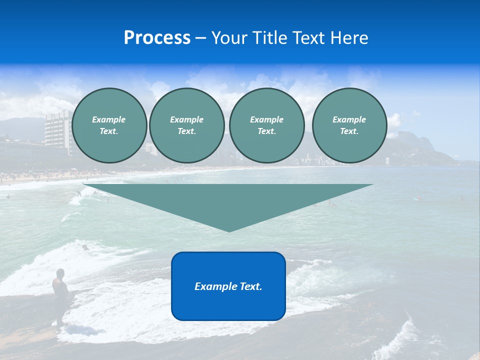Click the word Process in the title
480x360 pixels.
[157, 38]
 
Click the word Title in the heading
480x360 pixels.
[268, 38]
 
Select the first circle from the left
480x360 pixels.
[109, 125]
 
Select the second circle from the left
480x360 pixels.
[186, 125]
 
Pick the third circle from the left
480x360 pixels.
[266, 125]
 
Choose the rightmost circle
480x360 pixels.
[349, 125]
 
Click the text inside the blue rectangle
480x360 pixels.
[228, 286]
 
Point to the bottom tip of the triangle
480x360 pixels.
[229, 231]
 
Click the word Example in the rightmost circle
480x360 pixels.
[349, 119]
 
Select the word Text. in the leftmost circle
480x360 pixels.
[109, 131]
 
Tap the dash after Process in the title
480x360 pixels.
[200, 38]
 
